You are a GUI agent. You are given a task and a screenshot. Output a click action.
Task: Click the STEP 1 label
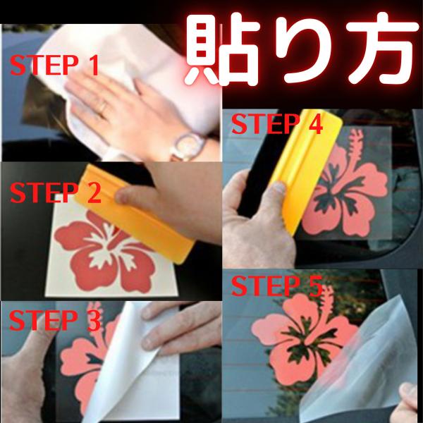tap(54, 65)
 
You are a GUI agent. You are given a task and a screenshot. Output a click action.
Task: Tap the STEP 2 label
tap(55, 192)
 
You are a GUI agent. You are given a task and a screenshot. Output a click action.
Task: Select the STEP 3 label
tap(55, 320)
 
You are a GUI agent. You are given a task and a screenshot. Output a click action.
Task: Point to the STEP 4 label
tap(277, 124)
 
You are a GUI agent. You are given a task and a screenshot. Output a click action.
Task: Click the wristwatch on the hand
tap(188, 147)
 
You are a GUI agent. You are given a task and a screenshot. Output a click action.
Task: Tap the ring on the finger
tap(103, 107)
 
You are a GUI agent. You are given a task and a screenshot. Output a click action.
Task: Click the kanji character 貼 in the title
tap(223, 49)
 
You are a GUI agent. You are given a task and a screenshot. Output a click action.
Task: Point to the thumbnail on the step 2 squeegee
tap(122, 196)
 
